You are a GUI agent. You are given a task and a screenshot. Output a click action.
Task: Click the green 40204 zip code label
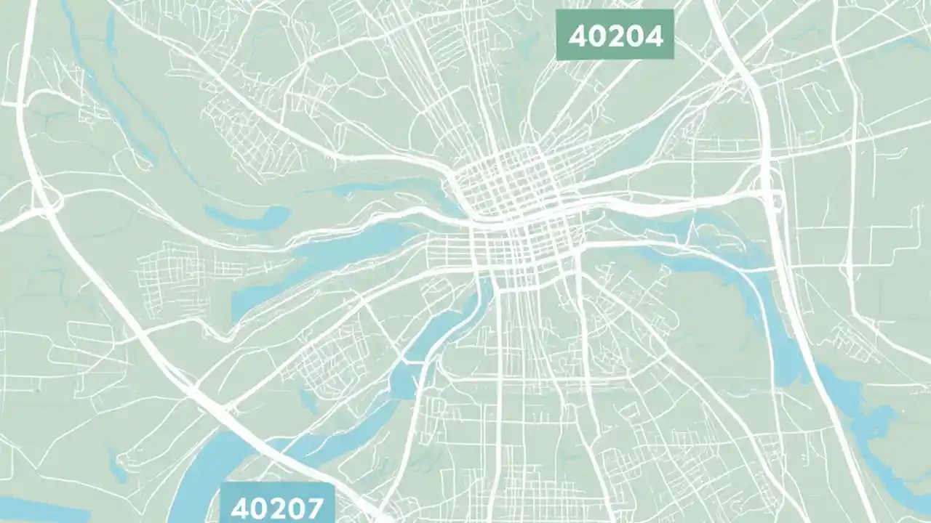tap(615, 35)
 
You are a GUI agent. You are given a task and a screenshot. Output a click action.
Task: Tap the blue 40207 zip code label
tap(277, 506)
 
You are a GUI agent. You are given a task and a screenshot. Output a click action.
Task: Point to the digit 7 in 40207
tap(313, 508)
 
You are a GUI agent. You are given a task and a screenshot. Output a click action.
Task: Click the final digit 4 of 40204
tap(654, 36)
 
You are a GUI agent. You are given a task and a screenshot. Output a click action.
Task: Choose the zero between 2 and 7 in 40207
tap(295, 508)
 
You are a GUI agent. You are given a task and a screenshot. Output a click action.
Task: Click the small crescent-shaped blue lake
tap(247, 216)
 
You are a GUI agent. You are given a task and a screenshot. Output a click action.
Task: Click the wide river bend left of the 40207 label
tap(196, 479)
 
